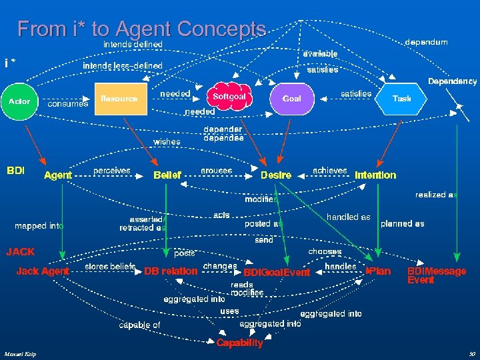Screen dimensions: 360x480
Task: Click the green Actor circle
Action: (x=19, y=101)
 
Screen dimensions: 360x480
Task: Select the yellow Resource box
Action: (x=120, y=99)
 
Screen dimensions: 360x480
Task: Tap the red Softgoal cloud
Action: (x=229, y=97)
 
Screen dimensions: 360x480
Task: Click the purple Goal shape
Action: (x=291, y=99)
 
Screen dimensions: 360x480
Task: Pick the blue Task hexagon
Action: (x=401, y=99)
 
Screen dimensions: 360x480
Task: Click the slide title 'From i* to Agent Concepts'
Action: (x=141, y=29)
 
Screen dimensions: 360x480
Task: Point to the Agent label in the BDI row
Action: (x=58, y=175)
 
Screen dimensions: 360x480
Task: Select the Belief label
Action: (x=167, y=175)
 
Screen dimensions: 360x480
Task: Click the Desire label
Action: (x=276, y=175)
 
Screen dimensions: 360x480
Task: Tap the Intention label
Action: (x=375, y=175)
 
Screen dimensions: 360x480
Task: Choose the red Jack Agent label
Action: (x=43, y=271)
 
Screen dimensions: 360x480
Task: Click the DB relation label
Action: (x=171, y=271)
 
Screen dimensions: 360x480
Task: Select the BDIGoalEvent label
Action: (x=277, y=273)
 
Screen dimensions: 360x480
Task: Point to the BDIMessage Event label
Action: (x=436, y=275)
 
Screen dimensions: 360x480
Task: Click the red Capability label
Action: (x=240, y=343)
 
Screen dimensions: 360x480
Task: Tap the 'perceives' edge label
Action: (x=112, y=171)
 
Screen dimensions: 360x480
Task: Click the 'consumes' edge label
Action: (x=68, y=104)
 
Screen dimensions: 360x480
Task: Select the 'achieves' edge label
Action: (x=330, y=171)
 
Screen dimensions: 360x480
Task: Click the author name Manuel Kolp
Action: (x=19, y=353)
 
